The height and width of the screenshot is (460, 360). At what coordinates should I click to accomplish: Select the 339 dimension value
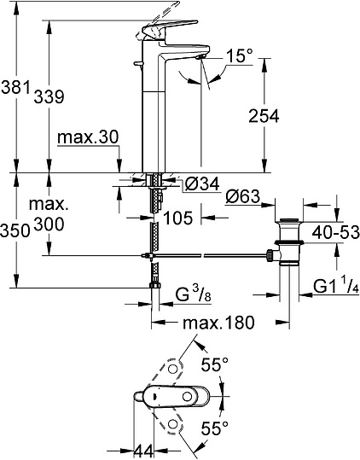click(48, 97)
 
